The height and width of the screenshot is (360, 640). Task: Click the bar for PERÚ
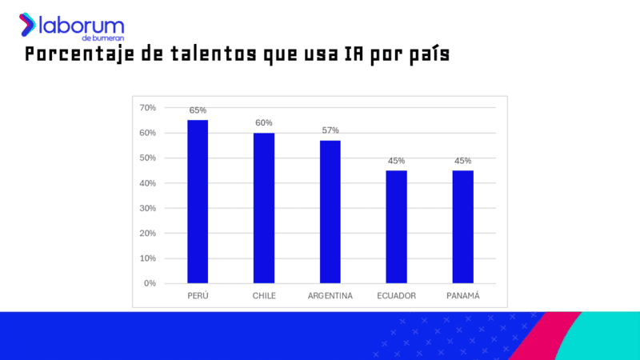tap(198, 202)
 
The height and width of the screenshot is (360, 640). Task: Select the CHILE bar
tap(264, 208)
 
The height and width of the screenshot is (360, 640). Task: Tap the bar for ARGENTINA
tap(330, 212)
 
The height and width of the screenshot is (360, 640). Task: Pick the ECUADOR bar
tap(396, 227)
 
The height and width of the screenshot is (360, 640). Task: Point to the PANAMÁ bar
tap(462, 227)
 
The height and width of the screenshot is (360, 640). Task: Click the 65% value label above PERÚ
tap(198, 110)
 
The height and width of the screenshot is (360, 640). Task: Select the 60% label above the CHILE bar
tap(264, 122)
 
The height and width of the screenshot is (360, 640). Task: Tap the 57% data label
tap(330, 130)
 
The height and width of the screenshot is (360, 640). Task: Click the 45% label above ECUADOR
tap(396, 161)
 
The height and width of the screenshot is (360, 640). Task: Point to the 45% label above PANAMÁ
tap(462, 161)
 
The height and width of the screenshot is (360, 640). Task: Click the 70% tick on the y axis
tap(148, 108)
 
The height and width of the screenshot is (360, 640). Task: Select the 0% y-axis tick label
tap(150, 283)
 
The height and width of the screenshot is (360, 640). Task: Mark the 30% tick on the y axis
tap(148, 208)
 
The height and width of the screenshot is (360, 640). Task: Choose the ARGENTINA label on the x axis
tap(330, 296)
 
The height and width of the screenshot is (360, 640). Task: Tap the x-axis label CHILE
tap(264, 296)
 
